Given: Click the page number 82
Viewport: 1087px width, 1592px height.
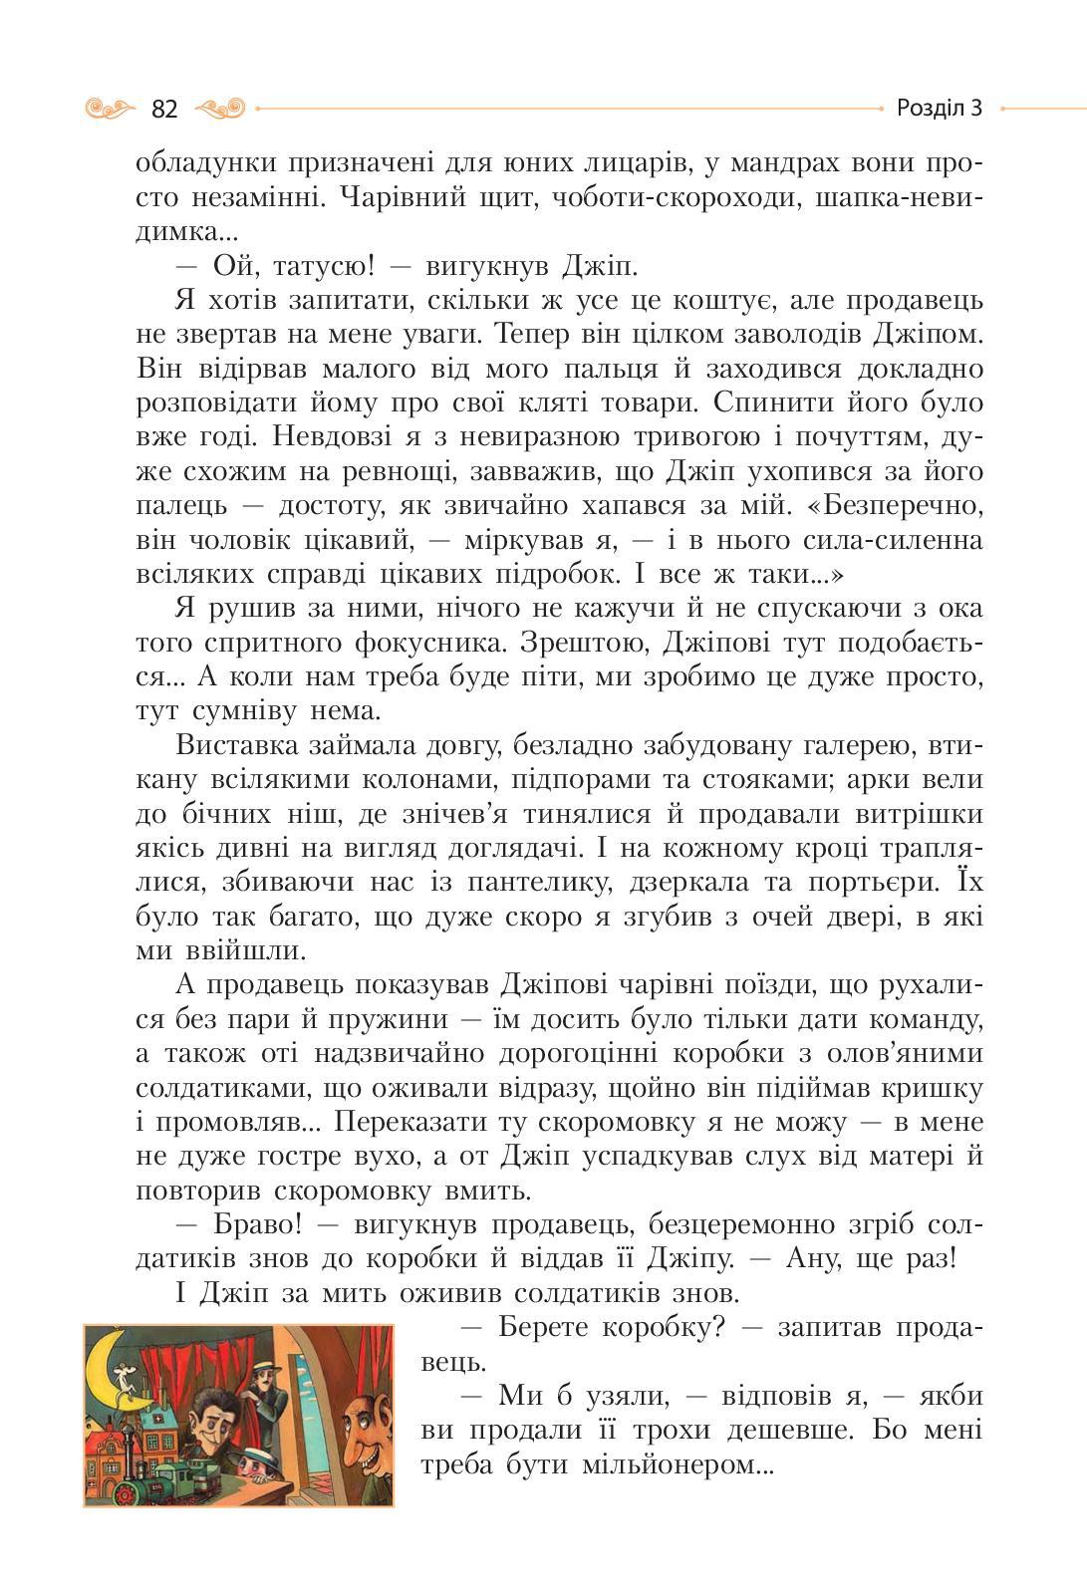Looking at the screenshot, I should click(164, 108).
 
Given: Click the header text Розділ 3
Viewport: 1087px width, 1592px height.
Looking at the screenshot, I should click(939, 108).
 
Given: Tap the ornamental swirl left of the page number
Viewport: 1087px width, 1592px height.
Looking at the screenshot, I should click(112, 107).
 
